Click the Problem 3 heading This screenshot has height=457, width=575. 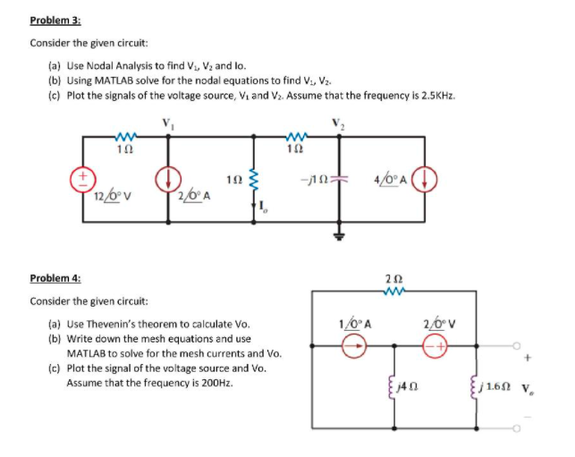(x=55, y=21)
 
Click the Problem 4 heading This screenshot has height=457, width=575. (x=55, y=279)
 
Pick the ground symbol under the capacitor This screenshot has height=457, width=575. (x=340, y=236)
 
